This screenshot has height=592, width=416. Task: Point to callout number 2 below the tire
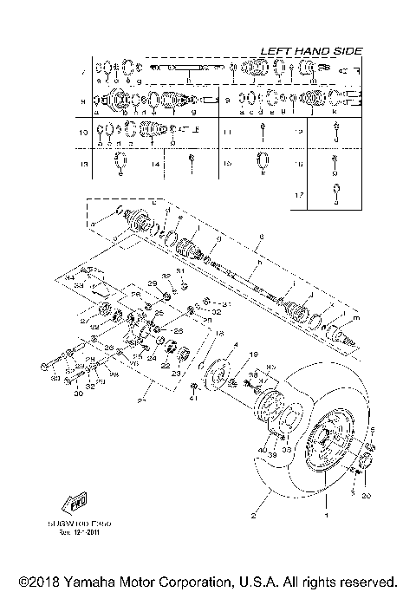(254, 515)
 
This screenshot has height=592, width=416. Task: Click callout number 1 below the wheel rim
(326, 515)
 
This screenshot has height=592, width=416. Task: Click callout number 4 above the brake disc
(234, 344)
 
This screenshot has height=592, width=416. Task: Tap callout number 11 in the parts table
(226, 133)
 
